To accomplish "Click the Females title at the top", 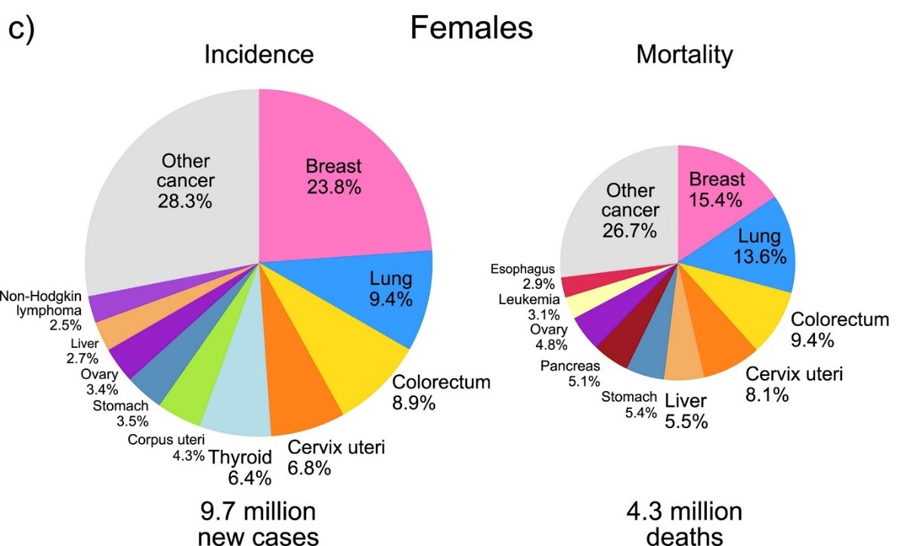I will pyautogui.click(x=471, y=28).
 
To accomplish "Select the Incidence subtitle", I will pyautogui.click(x=259, y=54).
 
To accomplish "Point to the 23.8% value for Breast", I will pyautogui.click(x=333, y=187).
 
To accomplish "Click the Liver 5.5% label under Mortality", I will pyautogui.click(x=686, y=411).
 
